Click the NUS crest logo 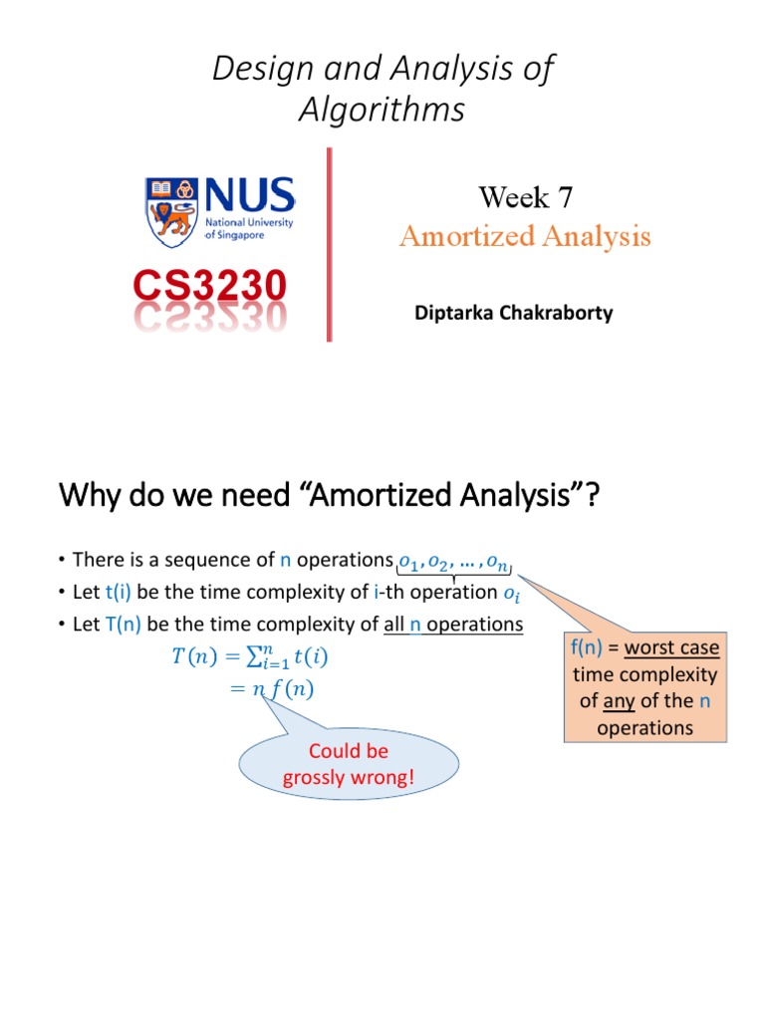[172, 212]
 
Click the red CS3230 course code [210, 288]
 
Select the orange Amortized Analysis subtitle [525, 237]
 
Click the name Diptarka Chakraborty [513, 313]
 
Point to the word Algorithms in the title [382, 111]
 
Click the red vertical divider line [328, 244]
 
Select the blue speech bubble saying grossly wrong [348, 764]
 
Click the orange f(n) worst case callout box [644, 687]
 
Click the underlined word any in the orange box [619, 700]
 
